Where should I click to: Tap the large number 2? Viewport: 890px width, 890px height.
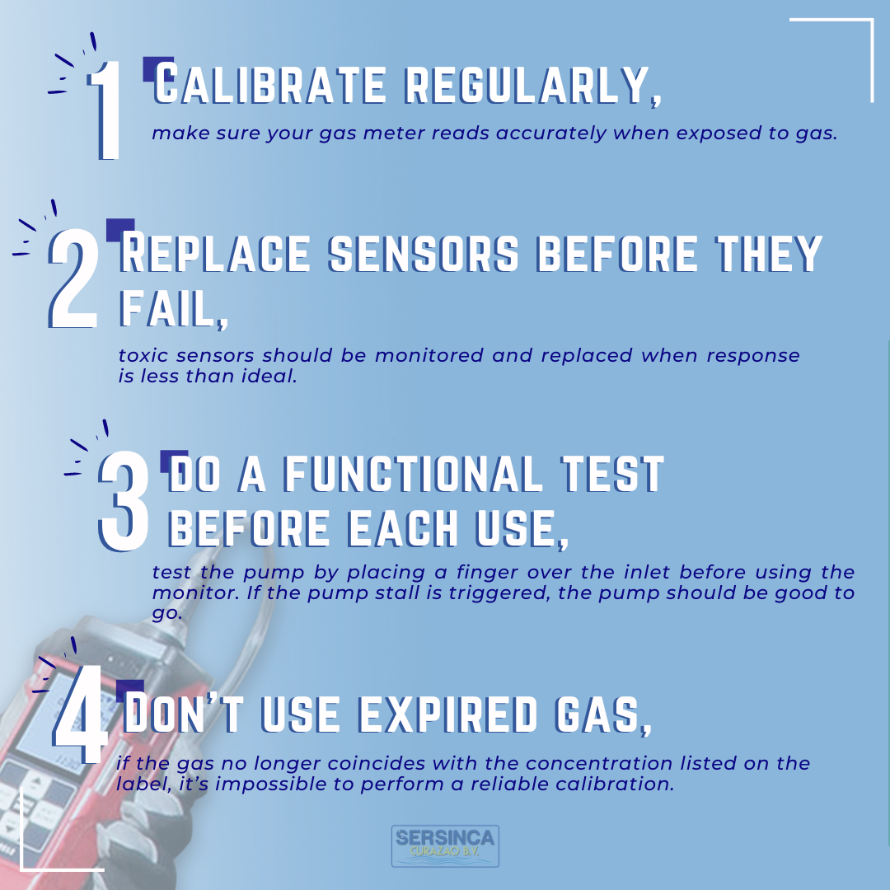coord(74,279)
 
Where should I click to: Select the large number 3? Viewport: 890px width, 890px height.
coord(124,501)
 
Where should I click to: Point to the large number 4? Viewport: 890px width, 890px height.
coord(81,714)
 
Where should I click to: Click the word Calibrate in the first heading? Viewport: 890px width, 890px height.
coord(270,85)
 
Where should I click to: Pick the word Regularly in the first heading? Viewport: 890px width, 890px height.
coord(533,87)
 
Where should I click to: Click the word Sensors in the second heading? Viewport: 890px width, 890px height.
coord(424,253)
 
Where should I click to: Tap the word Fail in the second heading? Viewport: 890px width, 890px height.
coord(174,310)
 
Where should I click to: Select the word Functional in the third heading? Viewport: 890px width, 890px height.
coord(413,473)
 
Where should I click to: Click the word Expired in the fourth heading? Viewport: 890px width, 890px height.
coord(448,714)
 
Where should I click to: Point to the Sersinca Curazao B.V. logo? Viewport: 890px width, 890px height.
coord(445,845)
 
